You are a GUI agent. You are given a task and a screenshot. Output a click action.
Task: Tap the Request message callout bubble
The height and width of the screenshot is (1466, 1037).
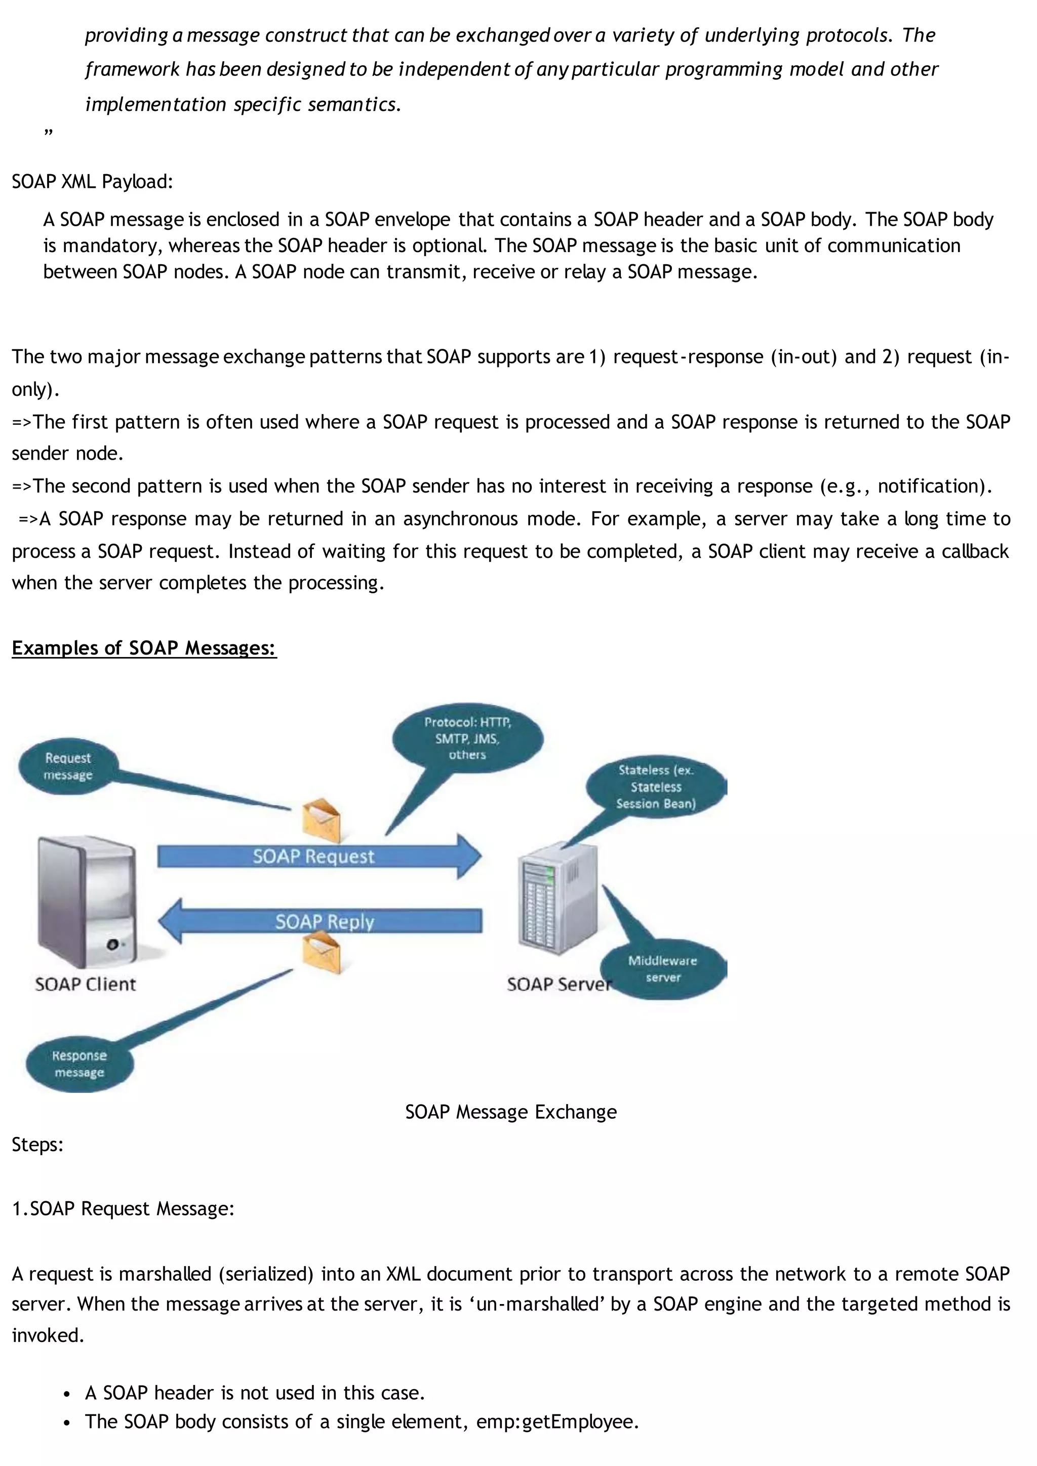coord(68,766)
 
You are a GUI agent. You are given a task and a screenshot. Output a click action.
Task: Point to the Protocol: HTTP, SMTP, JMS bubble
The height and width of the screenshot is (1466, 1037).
coord(467,739)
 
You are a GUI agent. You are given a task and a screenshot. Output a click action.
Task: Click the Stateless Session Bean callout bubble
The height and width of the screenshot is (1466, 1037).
coord(656,787)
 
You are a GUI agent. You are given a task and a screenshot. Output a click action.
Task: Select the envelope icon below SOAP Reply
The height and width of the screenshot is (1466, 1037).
coord(321,952)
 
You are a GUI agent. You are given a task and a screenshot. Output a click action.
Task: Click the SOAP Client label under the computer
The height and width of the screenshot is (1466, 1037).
coord(86,984)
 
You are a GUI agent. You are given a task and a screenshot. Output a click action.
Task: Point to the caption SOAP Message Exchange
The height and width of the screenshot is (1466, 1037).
coord(511,1112)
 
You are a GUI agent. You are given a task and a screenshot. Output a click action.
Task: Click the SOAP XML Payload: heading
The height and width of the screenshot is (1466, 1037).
coord(93,182)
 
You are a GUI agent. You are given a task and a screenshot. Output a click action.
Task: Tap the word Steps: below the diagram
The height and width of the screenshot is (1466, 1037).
coord(37,1144)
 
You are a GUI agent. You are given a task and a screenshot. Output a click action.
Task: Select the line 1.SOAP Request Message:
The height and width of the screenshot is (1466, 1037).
coord(123,1209)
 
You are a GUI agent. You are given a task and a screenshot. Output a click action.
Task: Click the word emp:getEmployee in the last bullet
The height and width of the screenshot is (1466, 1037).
coord(555,1422)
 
